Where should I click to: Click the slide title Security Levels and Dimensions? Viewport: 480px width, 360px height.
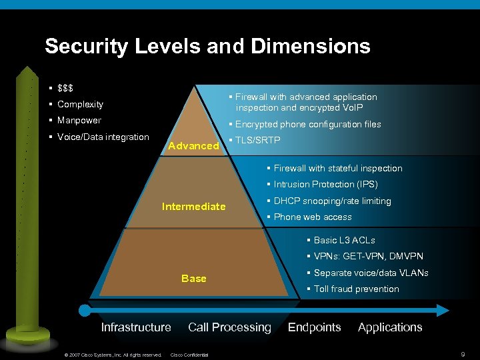pyautogui.click(x=207, y=46)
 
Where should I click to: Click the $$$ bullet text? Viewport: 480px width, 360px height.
pyautogui.click(x=65, y=88)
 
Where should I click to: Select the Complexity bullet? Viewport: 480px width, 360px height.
pyautogui.click(x=80, y=104)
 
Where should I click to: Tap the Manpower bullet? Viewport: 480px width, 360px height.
pyautogui.click(x=79, y=121)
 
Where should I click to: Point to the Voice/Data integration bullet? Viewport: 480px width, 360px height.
pyautogui.click(x=103, y=137)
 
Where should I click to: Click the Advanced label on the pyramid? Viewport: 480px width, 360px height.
pyautogui.click(x=193, y=145)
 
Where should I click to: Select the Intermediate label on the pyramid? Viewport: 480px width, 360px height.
pyautogui.click(x=193, y=207)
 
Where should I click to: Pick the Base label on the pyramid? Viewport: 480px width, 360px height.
pyautogui.click(x=193, y=279)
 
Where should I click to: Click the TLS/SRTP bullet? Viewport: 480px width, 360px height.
pyautogui.click(x=257, y=140)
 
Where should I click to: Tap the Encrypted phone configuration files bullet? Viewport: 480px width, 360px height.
pyautogui.click(x=307, y=124)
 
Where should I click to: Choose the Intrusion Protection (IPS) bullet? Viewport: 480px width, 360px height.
pyautogui.click(x=325, y=185)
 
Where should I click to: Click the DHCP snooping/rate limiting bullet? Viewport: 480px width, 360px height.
pyautogui.click(x=332, y=201)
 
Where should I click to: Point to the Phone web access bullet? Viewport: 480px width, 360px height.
pyautogui.click(x=313, y=217)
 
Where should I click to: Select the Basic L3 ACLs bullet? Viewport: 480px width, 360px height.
pyautogui.click(x=344, y=241)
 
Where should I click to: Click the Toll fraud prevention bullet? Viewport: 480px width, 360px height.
pyautogui.click(x=356, y=289)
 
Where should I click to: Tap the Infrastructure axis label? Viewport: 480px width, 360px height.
pyautogui.click(x=136, y=327)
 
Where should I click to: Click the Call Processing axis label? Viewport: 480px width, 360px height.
pyautogui.click(x=229, y=327)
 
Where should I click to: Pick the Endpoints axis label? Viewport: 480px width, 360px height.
pyautogui.click(x=314, y=327)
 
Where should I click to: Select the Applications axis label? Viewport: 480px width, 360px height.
pyautogui.click(x=390, y=327)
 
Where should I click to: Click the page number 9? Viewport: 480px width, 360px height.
pyautogui.click(x=463, y=354)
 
